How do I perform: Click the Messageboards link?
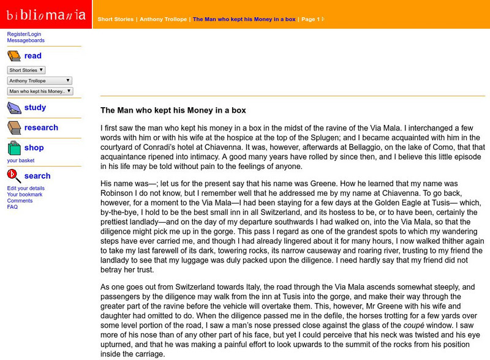pyautogui.click(x=26, y=40)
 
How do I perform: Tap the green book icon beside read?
pyautogui.click(x=14, y=56)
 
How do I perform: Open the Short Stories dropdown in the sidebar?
pyautogui.click(x=26, y=70)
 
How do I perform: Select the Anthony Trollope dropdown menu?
pyautogui.click(x=40, y=81)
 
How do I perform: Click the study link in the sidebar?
pyautogui.click(x=35, y=108)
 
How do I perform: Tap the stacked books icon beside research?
pyautogui.click(x=14, y=128)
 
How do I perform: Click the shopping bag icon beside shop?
pyautogui.click(x=14, y=148)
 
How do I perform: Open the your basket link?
pyautogui.click(x=21, y=160)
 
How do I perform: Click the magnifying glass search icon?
pyautogui.click(x=14, y=176)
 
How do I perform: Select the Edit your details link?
pyautogui.click(x=26, y=188)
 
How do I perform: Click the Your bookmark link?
pyautogui.click(x=25, y=195)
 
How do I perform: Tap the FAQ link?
pyautogui.click(x=12, y=207)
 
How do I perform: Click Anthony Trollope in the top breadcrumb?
pyautogui.click(x=164, y=20)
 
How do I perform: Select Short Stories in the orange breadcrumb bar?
pyautogui.click(x=115, y=20)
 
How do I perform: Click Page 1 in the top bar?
pyautogui.click(x=311, y=20)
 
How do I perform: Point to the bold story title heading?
pyautogui.click(x=173, y=111)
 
